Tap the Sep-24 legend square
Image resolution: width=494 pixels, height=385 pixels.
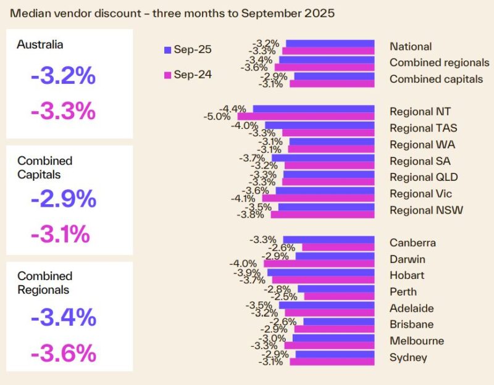coord(167,74)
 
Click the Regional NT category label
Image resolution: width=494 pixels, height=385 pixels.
coord(420,112)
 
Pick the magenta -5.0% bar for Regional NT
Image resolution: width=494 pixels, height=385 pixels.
coord(306,116)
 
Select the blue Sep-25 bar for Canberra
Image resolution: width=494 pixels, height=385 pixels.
coord(329,239)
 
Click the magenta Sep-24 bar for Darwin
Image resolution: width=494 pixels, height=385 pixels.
coord(319,263)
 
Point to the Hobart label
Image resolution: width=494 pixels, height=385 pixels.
coord(407,275)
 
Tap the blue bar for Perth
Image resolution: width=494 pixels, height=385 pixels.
coord(336,288)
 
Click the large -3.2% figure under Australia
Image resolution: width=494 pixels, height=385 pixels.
coord(64,76)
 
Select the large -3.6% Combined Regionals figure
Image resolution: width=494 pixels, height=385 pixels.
coord(64,354)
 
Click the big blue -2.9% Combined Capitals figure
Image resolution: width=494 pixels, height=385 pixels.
coord(64,199)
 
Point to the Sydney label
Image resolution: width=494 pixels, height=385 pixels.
coord(408,357)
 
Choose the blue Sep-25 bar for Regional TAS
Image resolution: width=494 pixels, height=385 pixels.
coord(320,125)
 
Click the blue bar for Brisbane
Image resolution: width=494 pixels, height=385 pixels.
coord(339,321)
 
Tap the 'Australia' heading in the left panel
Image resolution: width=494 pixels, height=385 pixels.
coord(40,44)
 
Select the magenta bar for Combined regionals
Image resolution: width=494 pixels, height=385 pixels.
coord(325,67)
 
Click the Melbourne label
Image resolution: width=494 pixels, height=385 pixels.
coord(417,341)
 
